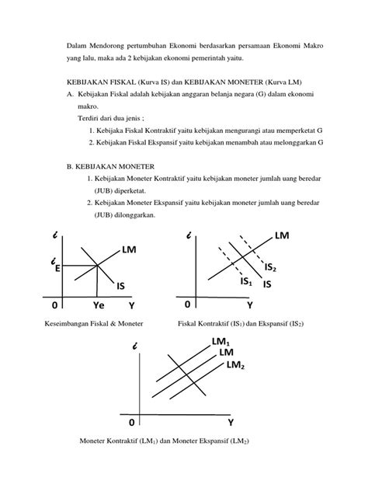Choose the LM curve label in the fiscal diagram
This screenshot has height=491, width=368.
pos(282,235)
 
